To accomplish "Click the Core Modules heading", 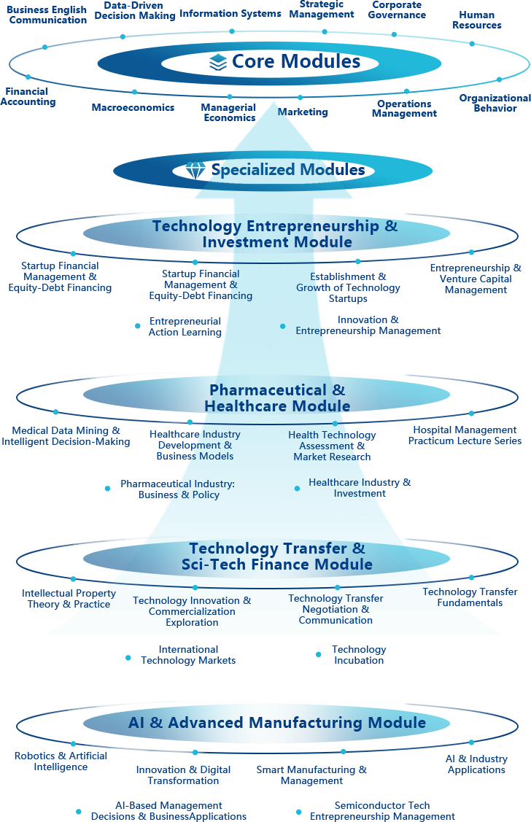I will point(295,62).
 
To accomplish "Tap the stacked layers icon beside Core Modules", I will point(218,63).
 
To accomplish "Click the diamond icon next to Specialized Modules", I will point(195,171).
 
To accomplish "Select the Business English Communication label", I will point(47,15).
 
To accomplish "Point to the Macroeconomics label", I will point(133,108).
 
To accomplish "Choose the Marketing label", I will point(303,112).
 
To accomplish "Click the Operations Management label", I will point(404,109).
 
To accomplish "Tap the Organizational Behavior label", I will point(495,103).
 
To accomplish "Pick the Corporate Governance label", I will point(397,10).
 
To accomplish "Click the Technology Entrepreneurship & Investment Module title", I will point(276,234).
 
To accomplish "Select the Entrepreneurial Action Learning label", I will point(185,327).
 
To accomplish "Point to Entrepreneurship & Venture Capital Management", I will point(476,279).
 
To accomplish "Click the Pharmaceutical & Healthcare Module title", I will point(277,398).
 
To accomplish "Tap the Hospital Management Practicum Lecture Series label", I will point(465,435).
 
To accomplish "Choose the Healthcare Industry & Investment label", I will point(360,488).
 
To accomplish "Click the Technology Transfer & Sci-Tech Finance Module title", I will point(277,557).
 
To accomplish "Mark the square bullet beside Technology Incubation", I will point(318,655).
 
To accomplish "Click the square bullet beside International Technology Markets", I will point(128,658).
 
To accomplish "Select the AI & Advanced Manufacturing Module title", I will point(277,723).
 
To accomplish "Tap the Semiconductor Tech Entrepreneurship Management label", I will point(382,811).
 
